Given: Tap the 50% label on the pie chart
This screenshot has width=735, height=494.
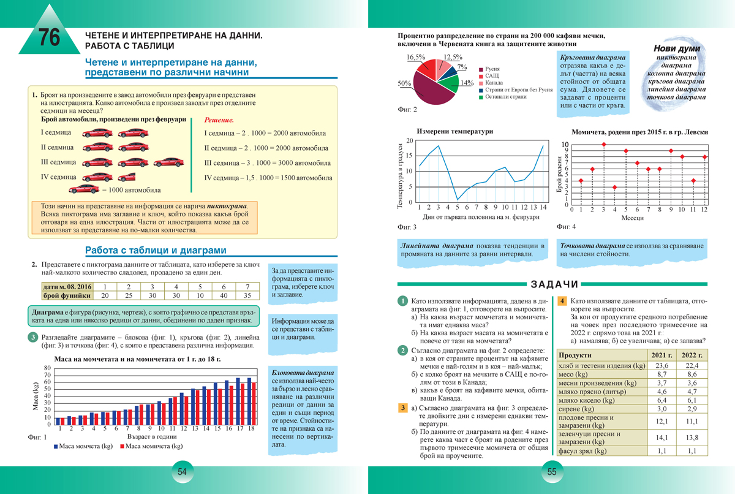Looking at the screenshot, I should click(404, 83).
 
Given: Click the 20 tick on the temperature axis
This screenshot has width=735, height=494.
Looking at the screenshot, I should click(410, 141).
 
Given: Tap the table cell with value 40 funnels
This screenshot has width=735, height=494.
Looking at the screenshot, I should click(224, 295).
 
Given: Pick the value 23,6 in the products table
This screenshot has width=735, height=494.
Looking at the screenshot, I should click(661, 365).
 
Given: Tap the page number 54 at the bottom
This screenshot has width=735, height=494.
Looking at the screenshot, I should click(182, 472).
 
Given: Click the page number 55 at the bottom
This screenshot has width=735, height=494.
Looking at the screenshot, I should click(551, 472).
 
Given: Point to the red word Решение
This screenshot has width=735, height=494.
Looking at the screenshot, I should click(219, 121).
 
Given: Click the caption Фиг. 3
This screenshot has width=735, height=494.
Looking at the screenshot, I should click(407, 227).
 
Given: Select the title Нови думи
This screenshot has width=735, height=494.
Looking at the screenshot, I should click(677, 49).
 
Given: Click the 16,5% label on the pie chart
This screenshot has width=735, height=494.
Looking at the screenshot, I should click(416, 57).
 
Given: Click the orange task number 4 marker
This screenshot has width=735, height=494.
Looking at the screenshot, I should click(562, 302).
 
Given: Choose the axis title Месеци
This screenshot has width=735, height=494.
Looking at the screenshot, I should click(633, 218).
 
